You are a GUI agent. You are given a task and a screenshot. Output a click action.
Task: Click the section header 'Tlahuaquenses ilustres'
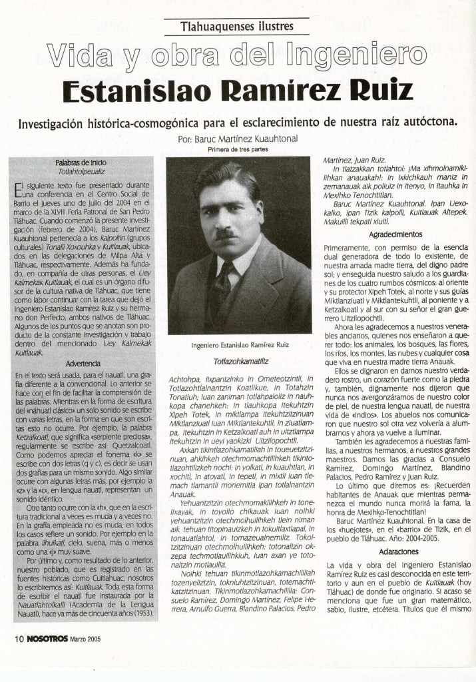[237, 27]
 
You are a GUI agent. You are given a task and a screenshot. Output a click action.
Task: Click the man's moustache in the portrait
[227, 234]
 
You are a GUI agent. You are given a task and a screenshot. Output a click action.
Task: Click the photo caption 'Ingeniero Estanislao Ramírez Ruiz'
[238, 346]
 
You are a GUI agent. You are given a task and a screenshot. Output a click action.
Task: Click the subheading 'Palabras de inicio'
[81, 163]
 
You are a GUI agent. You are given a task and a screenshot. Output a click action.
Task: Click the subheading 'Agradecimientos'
[395, 234]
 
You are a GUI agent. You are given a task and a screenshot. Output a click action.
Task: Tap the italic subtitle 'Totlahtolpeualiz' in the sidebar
[82, 170]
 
